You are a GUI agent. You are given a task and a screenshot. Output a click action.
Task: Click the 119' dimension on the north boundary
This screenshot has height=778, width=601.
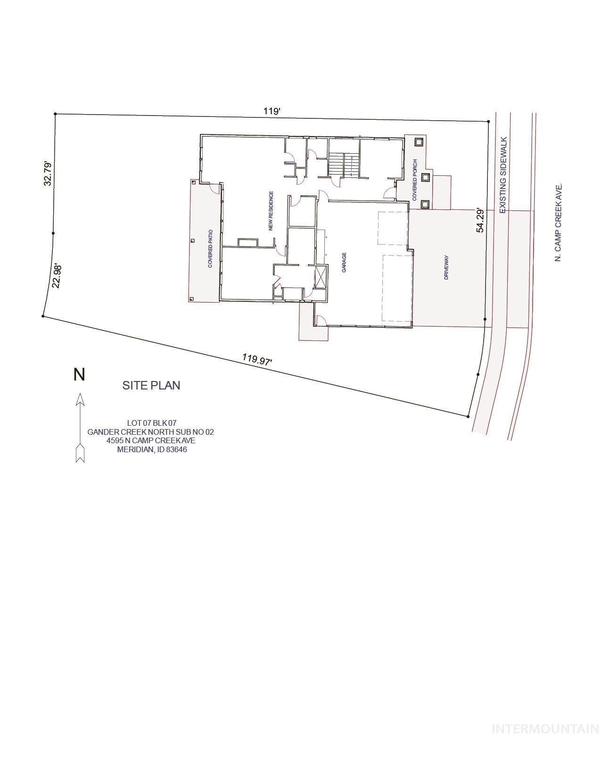click(x=272, y=111)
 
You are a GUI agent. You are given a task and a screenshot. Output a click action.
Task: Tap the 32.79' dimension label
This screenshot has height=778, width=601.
click(x=48, y=173)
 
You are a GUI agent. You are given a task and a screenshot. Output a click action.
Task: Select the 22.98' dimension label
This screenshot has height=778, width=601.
click(x=57, y=276)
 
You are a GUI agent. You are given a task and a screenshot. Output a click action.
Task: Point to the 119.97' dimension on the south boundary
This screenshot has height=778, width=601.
click(x=257, y=359)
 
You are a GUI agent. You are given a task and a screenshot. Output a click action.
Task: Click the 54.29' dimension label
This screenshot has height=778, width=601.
click(x=480, y=220)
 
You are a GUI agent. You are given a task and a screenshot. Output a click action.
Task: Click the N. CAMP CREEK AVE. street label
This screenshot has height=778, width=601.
click(x=559, y=223)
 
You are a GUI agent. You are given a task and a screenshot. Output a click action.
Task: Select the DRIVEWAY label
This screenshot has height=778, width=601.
click(x=446, y=268)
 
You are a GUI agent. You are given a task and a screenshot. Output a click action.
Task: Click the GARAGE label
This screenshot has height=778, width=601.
click(x=344, y=262)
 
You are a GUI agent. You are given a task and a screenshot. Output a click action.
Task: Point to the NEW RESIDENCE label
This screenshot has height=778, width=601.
click(x=271, y=211)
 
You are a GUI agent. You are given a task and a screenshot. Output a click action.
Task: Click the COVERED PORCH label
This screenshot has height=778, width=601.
click(x=415, y=180)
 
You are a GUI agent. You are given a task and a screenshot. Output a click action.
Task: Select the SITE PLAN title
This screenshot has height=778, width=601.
click(x=151, y=385)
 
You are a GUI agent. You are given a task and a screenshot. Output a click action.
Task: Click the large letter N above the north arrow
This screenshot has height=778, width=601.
click(x=79, y=375)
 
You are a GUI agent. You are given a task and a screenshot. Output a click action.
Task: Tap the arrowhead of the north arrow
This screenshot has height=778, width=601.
click(x=80, y=399)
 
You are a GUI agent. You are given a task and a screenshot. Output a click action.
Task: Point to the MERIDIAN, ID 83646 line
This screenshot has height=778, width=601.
click(x=152, y=449)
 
